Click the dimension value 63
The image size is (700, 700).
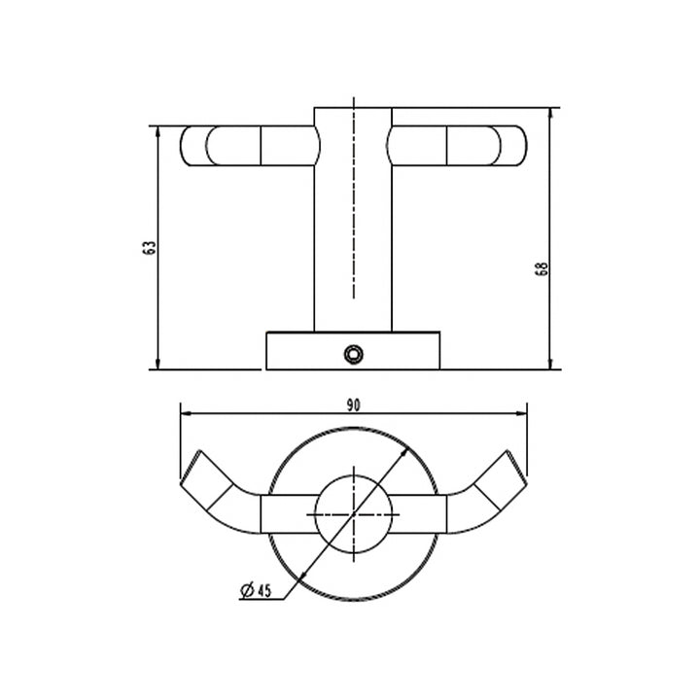(149, 247)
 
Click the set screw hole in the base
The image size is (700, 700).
(355, 352)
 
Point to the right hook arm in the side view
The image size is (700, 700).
(457, 146)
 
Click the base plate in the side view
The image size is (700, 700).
(353, 351)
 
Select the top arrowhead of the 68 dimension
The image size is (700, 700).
(551, 112)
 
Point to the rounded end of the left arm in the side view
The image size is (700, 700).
(190, 146)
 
